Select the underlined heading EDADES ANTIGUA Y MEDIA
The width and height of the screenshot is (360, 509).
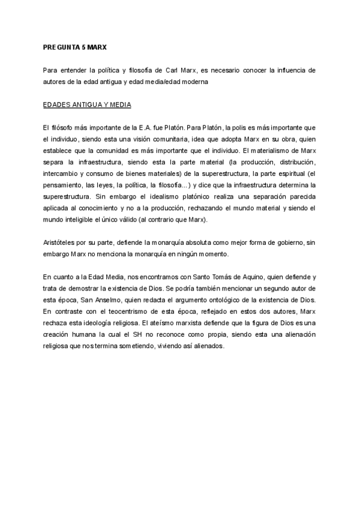click(x=87, y=104)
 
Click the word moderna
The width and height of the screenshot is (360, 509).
click(x=193, y=82)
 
